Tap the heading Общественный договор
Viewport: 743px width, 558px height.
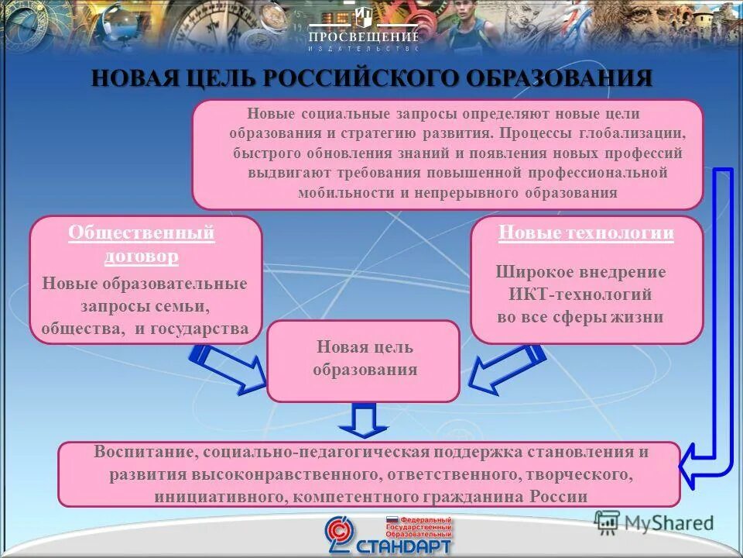[141, 243]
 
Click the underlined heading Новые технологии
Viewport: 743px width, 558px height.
[586, 232]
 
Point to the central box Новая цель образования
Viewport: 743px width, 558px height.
[364, 359]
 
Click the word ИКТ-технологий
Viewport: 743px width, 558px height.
[580, 294]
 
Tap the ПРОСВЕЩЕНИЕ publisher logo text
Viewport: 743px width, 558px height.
[364, 36]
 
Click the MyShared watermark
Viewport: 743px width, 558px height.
[653, 522]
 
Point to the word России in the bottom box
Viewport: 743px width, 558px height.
[559, 497]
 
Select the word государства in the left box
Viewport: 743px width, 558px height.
[199, 329]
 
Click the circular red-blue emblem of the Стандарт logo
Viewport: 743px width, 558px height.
[340, 535]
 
